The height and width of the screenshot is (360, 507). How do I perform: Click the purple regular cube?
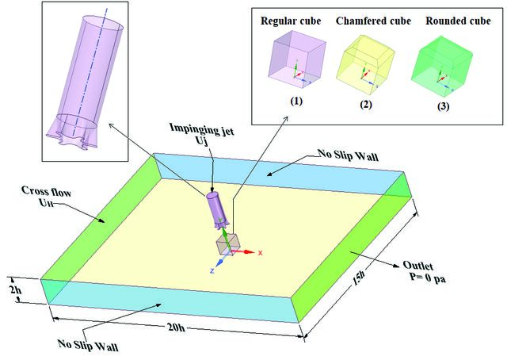click(x=297, y=59)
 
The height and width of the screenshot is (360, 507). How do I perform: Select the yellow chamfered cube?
click(x=365, y=62)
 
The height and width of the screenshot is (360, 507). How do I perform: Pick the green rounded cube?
click(x=442, y=67)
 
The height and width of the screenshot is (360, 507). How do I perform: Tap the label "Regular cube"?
click(x=291, y=21)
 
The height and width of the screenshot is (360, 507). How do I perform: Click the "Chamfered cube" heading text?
click(x=373, y=21)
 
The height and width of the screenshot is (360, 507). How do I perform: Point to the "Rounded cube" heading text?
click(x=458, y=21)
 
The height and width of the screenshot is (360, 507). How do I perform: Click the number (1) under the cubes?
click(x=296, y=101)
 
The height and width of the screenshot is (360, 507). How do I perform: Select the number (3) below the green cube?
click(x=443, y=106)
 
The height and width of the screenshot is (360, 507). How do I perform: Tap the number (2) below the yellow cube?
click(x=366, y=105)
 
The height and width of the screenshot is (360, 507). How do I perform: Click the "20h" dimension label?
click(x=177, y=327)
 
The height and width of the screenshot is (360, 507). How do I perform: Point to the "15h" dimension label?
click(x=359, y=278)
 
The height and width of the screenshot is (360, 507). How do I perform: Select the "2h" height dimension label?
click(x=16, y=289)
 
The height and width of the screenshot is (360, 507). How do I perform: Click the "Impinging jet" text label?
click(x=202, y=128)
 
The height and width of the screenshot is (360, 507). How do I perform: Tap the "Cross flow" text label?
click(x=46, y=191)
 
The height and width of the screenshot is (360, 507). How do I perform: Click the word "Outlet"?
click(x=417, y=266)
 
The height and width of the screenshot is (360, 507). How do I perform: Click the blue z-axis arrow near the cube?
click(x=219, y=262)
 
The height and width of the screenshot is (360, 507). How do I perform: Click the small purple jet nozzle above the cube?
click(x=217, y=210)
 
